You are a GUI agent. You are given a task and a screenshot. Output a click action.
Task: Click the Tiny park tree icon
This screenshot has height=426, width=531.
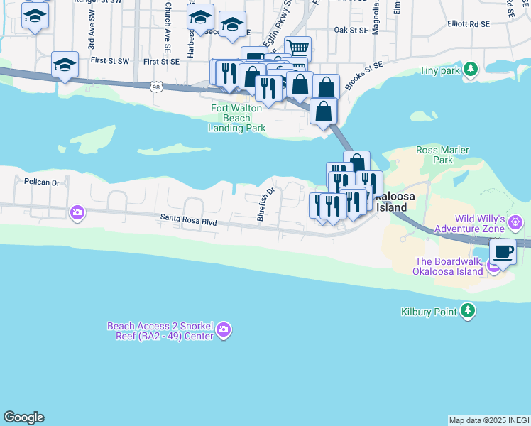470,70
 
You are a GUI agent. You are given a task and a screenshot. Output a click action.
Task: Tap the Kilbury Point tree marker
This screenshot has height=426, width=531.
467,310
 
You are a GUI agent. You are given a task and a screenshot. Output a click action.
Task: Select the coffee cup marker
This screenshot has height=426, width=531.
503,251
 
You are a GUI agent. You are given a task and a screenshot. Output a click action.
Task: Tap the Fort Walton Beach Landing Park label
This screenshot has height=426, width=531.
237,118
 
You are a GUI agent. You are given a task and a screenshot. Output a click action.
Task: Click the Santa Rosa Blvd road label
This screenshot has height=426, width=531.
188,221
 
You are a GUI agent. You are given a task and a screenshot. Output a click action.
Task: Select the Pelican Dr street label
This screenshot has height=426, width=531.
42,182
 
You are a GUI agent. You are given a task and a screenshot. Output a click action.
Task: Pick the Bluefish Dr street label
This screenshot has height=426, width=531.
265,204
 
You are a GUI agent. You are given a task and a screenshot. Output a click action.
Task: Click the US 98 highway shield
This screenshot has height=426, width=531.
155,87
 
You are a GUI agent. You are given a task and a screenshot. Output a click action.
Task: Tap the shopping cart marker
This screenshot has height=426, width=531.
297,48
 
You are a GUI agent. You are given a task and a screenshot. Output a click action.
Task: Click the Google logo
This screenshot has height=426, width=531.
23,417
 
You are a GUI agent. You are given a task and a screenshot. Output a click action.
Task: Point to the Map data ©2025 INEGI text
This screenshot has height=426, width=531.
489,420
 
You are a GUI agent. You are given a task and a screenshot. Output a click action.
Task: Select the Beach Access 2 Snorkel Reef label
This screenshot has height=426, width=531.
160,331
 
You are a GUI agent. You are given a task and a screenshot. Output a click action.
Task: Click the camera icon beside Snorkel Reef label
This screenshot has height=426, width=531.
224,329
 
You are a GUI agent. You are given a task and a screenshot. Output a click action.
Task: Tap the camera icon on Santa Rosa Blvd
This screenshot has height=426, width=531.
77,212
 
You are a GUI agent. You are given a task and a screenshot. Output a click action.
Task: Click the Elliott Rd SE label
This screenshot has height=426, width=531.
469,23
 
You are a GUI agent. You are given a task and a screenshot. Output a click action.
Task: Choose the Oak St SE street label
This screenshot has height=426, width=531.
351,31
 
